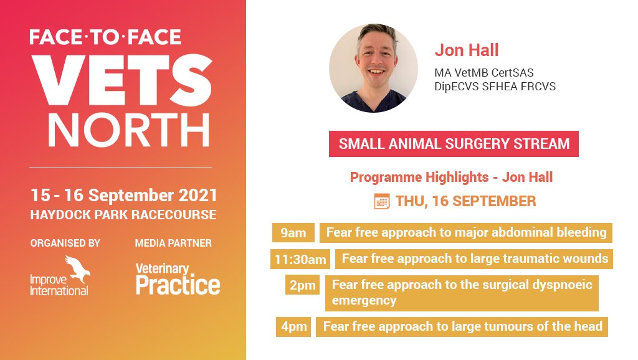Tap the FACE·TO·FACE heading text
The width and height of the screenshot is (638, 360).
(x=105, y=37)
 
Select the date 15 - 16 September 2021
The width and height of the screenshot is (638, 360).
(x=124, y=195)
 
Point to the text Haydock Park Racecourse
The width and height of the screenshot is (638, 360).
(x=123, y=215)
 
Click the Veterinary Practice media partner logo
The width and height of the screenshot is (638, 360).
(x=178, y=278)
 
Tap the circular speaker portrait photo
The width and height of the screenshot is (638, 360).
(x=373, y=69)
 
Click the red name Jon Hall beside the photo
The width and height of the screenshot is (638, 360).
(x=467, y=50)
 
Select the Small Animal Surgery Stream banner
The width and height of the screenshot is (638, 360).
(x=454, y=144)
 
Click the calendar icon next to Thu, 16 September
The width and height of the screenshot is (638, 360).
(x=381, y=201)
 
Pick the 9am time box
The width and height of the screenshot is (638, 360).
(x=293, y=233)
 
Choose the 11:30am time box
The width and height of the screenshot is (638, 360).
(x=300, y=258)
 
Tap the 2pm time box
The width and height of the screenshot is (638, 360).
(x=303, y=285)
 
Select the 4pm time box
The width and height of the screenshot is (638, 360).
(x=293, y=326)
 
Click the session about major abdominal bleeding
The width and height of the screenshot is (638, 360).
(x=466, y=233)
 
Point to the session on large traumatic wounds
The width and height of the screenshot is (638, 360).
(x=474, y=258)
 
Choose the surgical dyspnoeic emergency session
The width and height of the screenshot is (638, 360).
(x=462, y=293)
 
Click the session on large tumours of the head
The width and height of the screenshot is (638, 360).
(x=462, y=326)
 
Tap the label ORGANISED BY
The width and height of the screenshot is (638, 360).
(x=65, y=243)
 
